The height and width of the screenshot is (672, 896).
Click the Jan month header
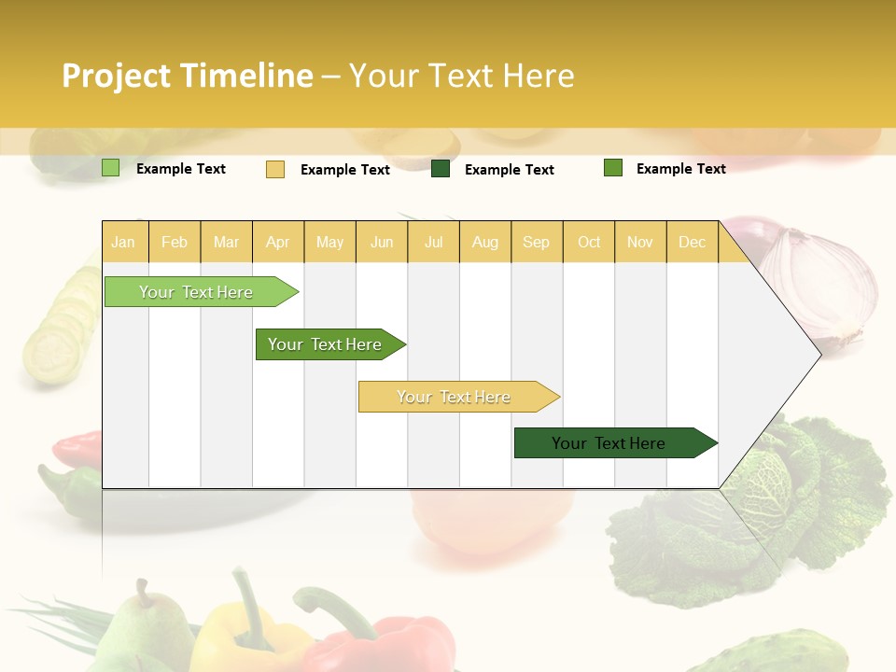click(123, 243)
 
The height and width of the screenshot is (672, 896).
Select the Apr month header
click(277, 243)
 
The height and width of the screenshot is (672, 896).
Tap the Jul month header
click(433, 243)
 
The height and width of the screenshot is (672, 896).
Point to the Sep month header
click(536, 243)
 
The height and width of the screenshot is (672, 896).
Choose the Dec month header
click(692, 243)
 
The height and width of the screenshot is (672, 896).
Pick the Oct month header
click(589, 243)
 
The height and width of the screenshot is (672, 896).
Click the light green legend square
click(110, 168)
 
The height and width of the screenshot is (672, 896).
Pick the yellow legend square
click(274, 169)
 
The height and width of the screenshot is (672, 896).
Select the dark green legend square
click(441, 169)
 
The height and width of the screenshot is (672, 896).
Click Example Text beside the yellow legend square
click(344, 170)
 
